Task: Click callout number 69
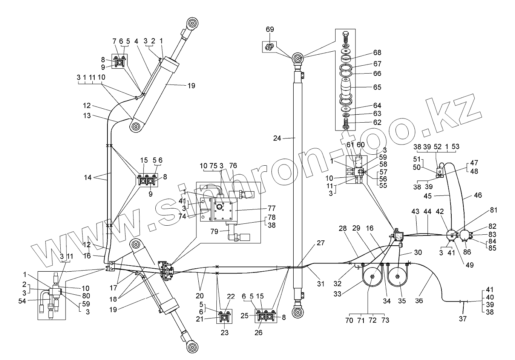270,29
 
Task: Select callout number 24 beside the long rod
277,138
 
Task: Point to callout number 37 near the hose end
463,319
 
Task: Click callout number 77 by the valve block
271,208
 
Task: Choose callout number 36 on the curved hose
419,301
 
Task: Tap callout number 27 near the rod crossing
320,243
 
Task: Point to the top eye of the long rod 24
298,58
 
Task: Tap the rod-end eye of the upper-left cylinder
193,24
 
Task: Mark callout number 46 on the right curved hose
478,195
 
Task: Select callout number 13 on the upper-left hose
87,116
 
